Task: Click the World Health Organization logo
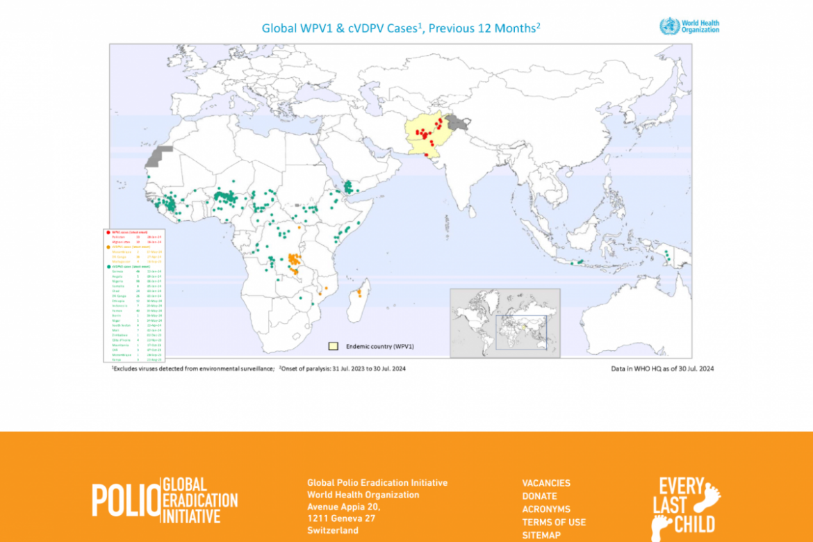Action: pyautogui.click(x=689, y=26)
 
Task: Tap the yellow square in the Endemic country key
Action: pyautogui.click(x=334, y=345)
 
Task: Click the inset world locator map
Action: pyautogui.click(x=504, y=322)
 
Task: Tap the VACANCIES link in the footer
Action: pyautogui.click(x=546, y=483)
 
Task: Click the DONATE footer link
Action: pyautogui.click(x=539, y=496)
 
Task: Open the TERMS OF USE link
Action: pyautogui.click(x=554, y=522)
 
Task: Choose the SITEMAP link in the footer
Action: pyautogui.click(x=541, y=535)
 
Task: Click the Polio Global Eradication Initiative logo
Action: pyautogui.click(x=165, y=500)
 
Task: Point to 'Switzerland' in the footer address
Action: pyautogui.click(x=333, y=530)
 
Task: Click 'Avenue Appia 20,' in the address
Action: pyautogui.click(x=343, y=507)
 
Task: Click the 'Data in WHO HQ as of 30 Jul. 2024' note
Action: pyautogui.click(x=657, y=368)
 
